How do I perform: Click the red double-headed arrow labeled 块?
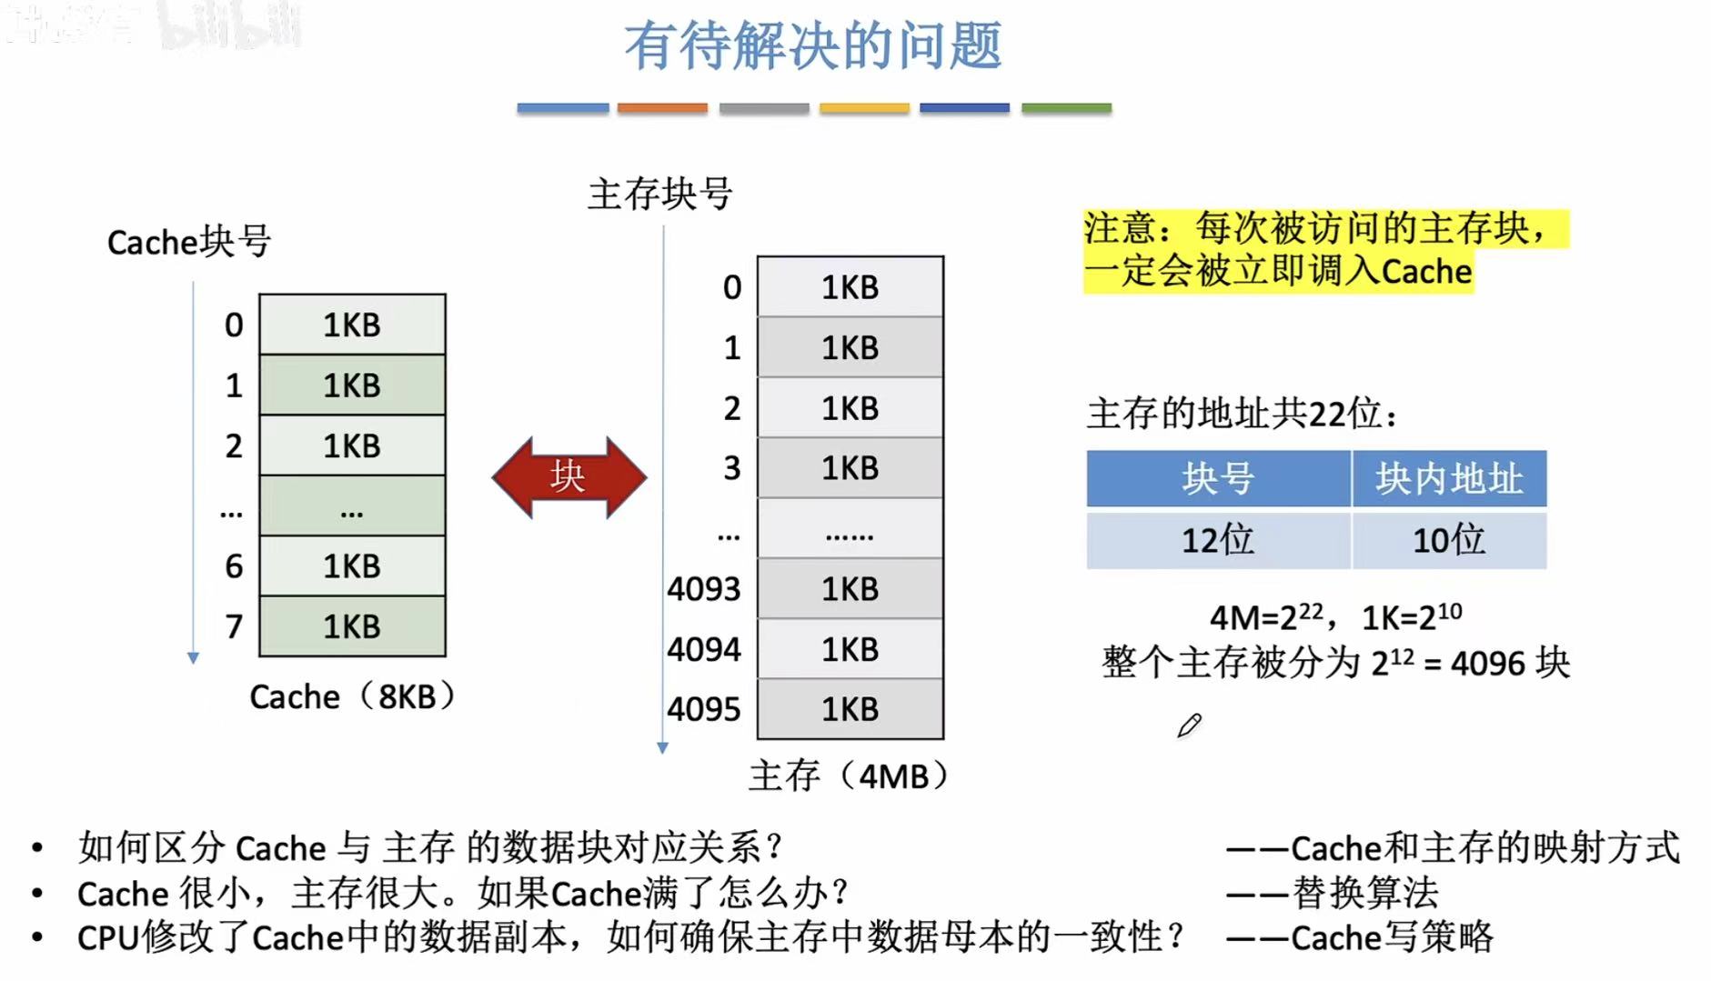tap(569, 477)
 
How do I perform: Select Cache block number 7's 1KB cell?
tap(352, 626)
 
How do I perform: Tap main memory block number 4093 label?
tap(703, 589)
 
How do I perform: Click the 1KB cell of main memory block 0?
tap(850, 287)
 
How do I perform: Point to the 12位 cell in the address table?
tap(1217, 541)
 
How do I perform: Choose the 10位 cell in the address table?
tap(1448, 541)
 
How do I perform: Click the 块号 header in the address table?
tap(1217, 478)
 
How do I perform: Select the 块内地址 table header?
tap(1448, 478)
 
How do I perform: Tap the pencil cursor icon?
tap(1189, 726)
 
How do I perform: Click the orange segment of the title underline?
tap(662, 108)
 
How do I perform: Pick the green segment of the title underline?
tap(1066, 108)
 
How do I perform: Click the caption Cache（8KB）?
tap(352, 697)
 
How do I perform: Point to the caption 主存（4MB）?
tap(849, 776)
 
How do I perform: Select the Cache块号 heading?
tap(189, 242)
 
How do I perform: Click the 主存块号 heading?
tap(659, 194)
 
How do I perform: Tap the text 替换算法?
tap(1364, 893)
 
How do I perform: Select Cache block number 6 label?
tap(234, 566)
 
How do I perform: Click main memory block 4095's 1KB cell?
tap(850, 709)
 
